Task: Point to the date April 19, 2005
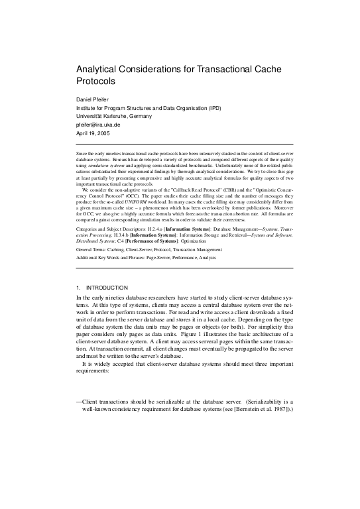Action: click(95, 132)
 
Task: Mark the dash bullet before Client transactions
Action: click(80, 402)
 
